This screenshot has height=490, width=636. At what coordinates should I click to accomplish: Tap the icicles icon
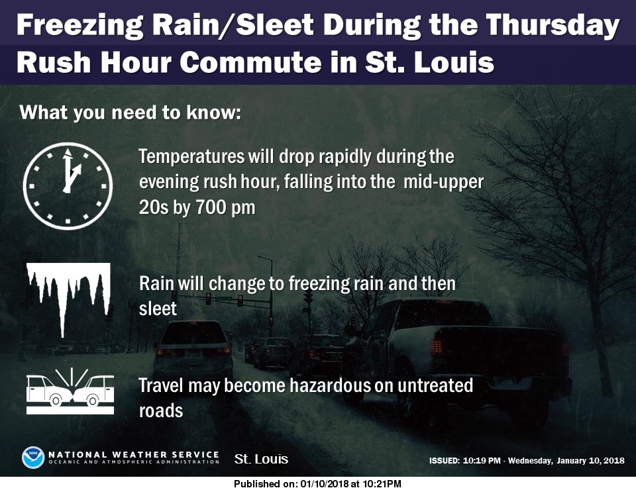click(67, 294)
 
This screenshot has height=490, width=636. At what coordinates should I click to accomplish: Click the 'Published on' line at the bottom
click(318, 484)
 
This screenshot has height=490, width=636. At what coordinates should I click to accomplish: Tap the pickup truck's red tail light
click(437, 346)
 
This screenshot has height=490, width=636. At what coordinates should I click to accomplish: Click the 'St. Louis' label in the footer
click(262, 459)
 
